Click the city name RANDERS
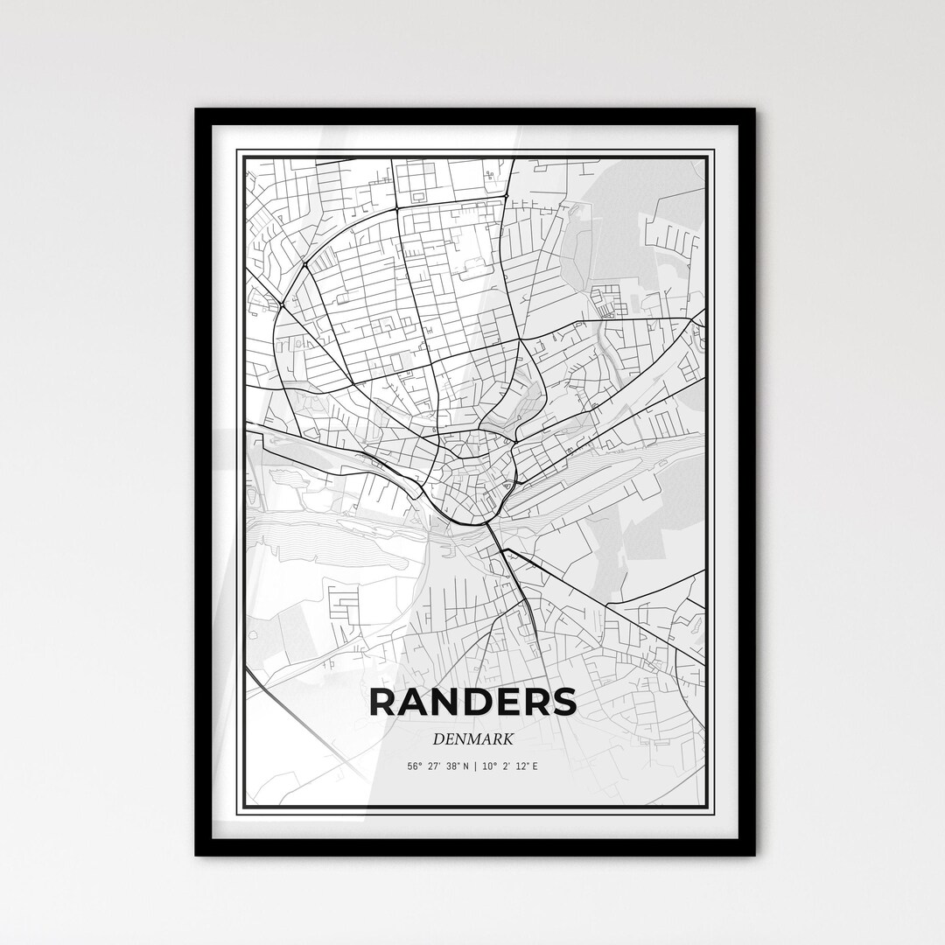click(473, 703)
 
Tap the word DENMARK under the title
click(472, 739)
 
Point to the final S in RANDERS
click(563, 703)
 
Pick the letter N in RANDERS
click(447, 703)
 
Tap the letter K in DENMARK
click(507, 739)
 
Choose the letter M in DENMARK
click(474, 739)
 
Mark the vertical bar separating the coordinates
click(474, 766)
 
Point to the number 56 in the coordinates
click(411, 766)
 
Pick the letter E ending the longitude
click(535, 766)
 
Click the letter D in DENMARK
click(437, 739)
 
